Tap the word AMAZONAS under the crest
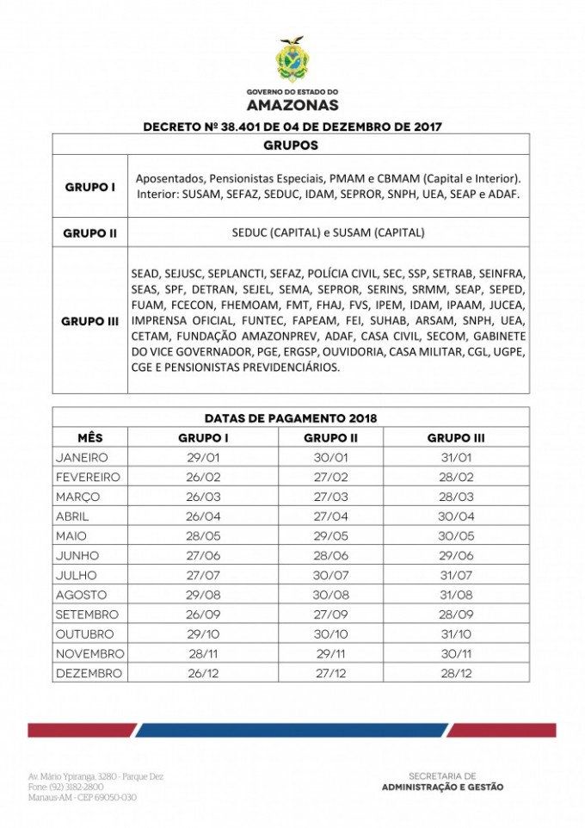click(292, 105)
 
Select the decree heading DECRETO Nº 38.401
click(292, 127)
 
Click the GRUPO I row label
click(90, 186)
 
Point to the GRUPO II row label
click(90, 232)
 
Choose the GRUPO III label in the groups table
click(90, 320)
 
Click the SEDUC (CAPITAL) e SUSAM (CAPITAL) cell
click(328, 232)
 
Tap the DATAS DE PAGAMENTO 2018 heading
click(291, 417)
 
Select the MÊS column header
click(89, 437)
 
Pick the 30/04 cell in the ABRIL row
click(456, 516)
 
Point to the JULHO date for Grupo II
click(330, 575)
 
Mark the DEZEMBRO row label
click(89, 673)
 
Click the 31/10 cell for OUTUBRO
click(456, 634)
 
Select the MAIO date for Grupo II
click(330, 535)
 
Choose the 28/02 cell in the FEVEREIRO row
click(456, 477)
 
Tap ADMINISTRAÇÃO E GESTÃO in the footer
click(443, 788)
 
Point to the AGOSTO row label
click(81, 595)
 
